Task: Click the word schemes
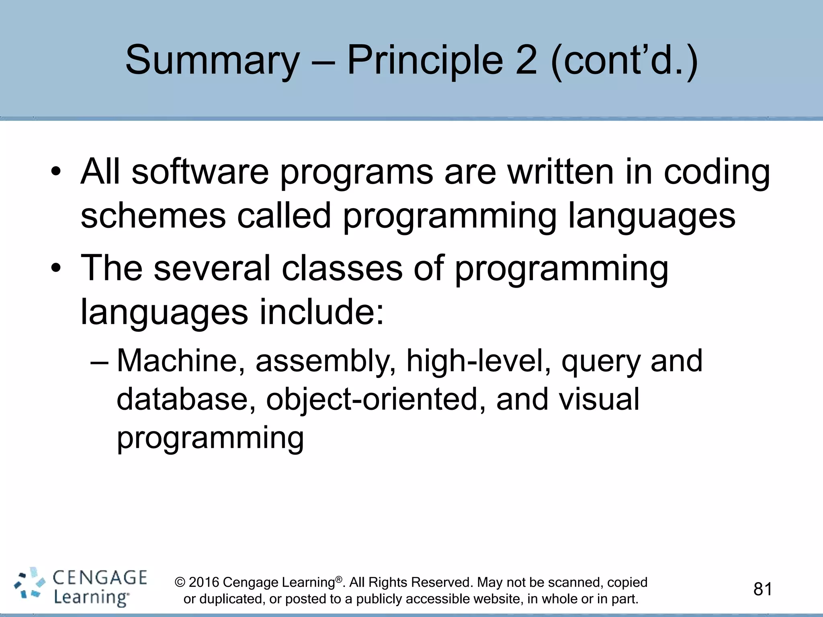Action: coord(153,216)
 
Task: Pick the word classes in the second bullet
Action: coord(342,268)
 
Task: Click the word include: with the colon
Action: coord(322,312)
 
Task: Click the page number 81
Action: coord(763,589)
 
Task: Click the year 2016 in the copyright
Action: coord(204,582)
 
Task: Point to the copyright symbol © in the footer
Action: coord(180,582)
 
